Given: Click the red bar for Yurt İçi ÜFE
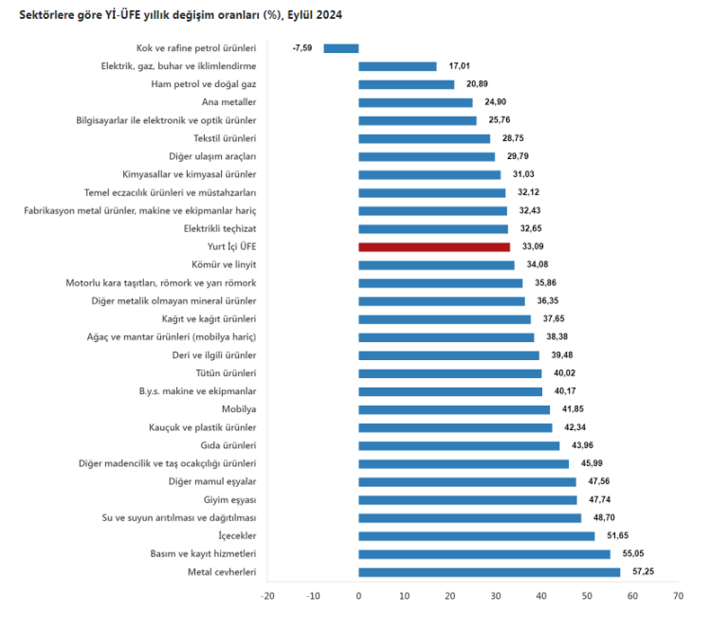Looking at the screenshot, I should coord(434,246).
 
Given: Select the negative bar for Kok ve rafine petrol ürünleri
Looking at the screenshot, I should coord(341,48).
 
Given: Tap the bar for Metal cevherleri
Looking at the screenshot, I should coord(489,571).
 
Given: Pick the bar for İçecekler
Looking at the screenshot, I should coord(477,535).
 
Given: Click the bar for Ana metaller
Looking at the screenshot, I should coord(415,102).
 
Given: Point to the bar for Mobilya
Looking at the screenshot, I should coord(454,409).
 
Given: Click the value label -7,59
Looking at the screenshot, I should coord(302,48).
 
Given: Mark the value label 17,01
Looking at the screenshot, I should coord(460,66).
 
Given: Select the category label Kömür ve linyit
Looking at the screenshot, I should coord(224,264).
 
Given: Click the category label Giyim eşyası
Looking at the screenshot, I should coord(229,499).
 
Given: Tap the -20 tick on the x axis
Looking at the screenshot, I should coord(267,596).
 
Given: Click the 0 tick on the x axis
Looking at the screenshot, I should coord(358,596).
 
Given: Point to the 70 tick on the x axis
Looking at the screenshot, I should coord(677,596).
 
